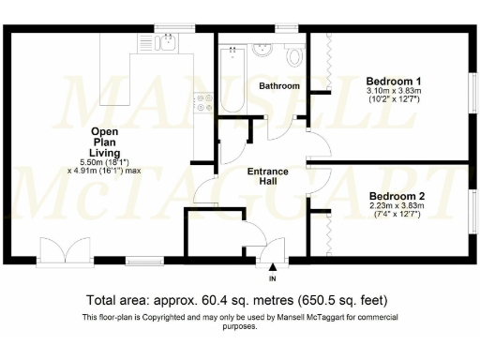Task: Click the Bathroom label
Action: pyautogui.click(x=279, y=86)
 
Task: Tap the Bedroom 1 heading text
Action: pyautogui.click(x=393, y=82)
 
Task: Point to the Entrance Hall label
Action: pyautogui.click(x=266, y=178)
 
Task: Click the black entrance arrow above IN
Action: pyautogui.click(x=273, y=269)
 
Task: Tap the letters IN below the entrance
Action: pyautogui.click(x=273, y=279)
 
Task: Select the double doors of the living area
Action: pyautogui.click(x=55, y=250)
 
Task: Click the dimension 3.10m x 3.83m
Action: pyautogui.click(x=393, y=92)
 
